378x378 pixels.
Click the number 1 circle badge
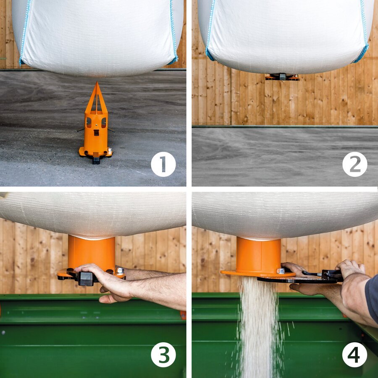tap(163, 164)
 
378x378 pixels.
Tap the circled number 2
tap(354, 164)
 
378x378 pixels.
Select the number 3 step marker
tap(163, 354)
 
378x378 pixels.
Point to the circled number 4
tap(354, 354)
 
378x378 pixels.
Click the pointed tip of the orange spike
tap(97, 82)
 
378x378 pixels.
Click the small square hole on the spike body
tap(96, 133)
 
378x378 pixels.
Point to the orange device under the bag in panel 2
tap(282, 77)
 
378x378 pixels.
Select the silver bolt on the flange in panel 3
tap(120, 271)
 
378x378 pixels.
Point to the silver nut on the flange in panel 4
tap(281, 271)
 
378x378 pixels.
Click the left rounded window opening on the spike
tap(89, 123)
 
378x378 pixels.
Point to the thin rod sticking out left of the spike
tap(81, 130)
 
